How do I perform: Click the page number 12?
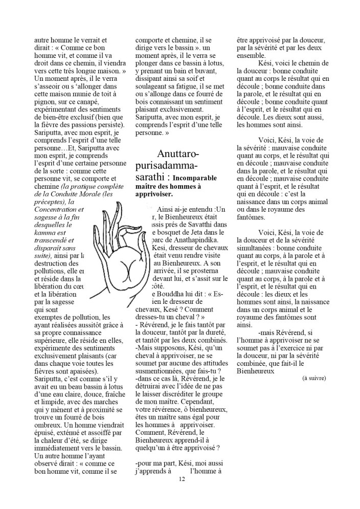point(182,479)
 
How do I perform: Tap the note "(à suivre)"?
point(314,378)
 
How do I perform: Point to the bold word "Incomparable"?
point(197,178)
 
